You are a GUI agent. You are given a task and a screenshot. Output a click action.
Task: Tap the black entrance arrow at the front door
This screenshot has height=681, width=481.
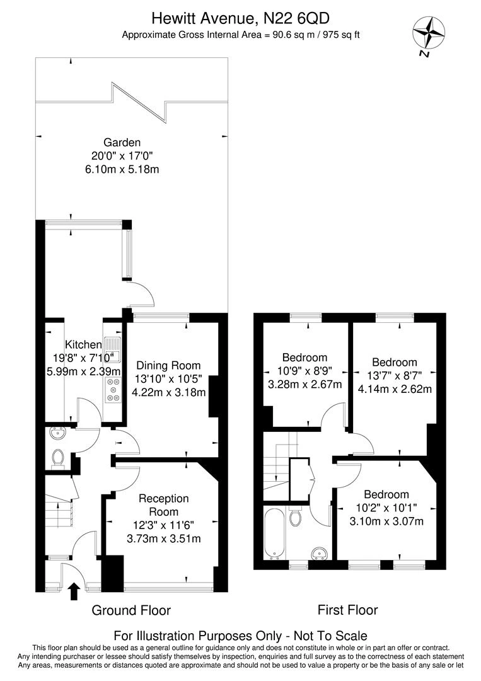(x=73, y=591)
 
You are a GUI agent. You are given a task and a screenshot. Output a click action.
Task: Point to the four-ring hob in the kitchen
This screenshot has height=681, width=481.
(x=113, y=389)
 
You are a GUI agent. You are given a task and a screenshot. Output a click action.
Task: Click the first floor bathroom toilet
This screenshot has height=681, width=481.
(x=295, y=518)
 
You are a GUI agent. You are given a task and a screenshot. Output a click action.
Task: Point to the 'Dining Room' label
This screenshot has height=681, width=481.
(x=168, y=365)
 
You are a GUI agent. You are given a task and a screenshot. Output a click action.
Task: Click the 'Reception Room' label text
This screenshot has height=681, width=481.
(x=163, y=505)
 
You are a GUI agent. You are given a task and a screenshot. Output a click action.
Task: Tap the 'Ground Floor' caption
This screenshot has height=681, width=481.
(x=131, y=610)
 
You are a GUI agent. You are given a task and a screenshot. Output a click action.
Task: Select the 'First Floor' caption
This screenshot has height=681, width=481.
(x=347, y=610)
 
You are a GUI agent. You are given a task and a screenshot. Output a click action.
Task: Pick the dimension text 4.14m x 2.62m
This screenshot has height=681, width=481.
(x=395, y=388)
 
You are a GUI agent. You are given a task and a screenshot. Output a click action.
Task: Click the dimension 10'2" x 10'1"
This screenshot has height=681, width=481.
(x=386, y=508)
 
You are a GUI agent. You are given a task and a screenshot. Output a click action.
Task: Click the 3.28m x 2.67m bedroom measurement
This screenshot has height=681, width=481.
(x=304, y=384)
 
